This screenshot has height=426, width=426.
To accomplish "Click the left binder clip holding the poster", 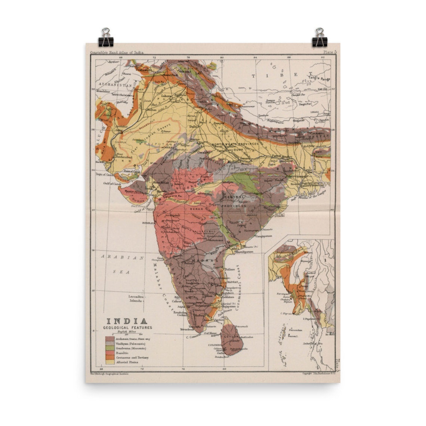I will [106, 38].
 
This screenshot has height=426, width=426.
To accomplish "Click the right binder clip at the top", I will [319, 38].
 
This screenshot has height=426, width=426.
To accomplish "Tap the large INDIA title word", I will [127, 321].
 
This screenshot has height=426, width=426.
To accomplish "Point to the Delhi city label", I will [194, 127].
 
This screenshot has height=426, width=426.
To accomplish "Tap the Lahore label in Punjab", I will [166, 96].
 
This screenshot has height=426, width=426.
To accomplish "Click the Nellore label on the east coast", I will [230, 269].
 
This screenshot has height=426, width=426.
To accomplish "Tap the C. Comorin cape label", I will [194, 337].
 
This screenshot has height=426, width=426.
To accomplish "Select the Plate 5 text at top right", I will [330, 52].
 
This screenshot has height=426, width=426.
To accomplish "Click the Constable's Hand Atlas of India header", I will [117, 53].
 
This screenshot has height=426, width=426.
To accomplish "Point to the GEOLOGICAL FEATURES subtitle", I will [127, 327].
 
